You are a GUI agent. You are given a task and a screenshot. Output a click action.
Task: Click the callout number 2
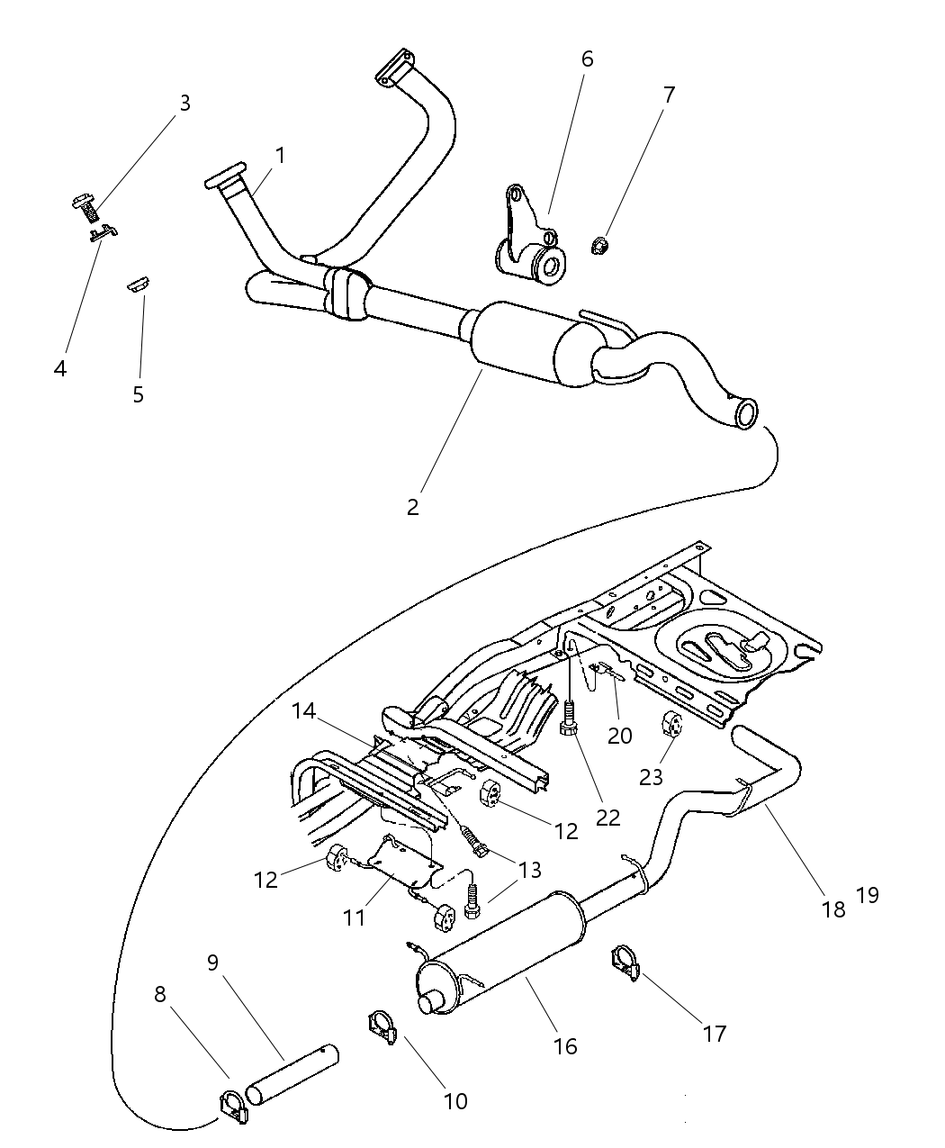tap(412, 507)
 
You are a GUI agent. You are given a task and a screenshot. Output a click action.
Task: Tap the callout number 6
tap(587, 59)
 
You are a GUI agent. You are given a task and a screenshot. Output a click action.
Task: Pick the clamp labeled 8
tap(233, 1107)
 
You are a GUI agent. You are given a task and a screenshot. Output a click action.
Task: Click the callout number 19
tap(867, 895)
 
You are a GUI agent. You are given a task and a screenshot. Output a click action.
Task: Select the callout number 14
tap(303, 711)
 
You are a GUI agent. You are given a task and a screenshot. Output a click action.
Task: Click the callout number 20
tap(619, 736)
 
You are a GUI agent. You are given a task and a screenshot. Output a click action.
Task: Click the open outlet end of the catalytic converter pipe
tap(746, 414)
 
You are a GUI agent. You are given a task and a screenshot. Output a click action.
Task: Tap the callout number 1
tap(280, 156)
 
